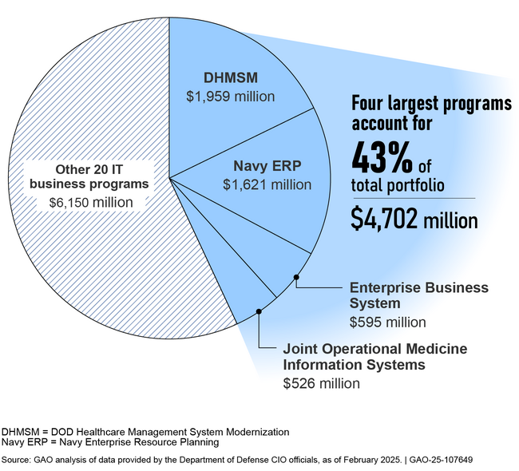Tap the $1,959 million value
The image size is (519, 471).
(230, 97)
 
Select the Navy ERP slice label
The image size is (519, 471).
(267, 167)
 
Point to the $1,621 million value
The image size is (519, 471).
(267, 185)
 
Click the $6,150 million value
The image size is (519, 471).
(88, 203)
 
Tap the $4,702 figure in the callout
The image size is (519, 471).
(385, 220)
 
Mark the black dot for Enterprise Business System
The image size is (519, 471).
(296, 277)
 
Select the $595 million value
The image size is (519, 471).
(388, 322)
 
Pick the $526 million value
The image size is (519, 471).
(322, 384)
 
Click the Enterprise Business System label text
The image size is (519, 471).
(418, 295)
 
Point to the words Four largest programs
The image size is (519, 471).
(432, 105)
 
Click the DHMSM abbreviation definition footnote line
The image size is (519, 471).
(145, 431)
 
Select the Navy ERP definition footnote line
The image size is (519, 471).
(110, 442)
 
